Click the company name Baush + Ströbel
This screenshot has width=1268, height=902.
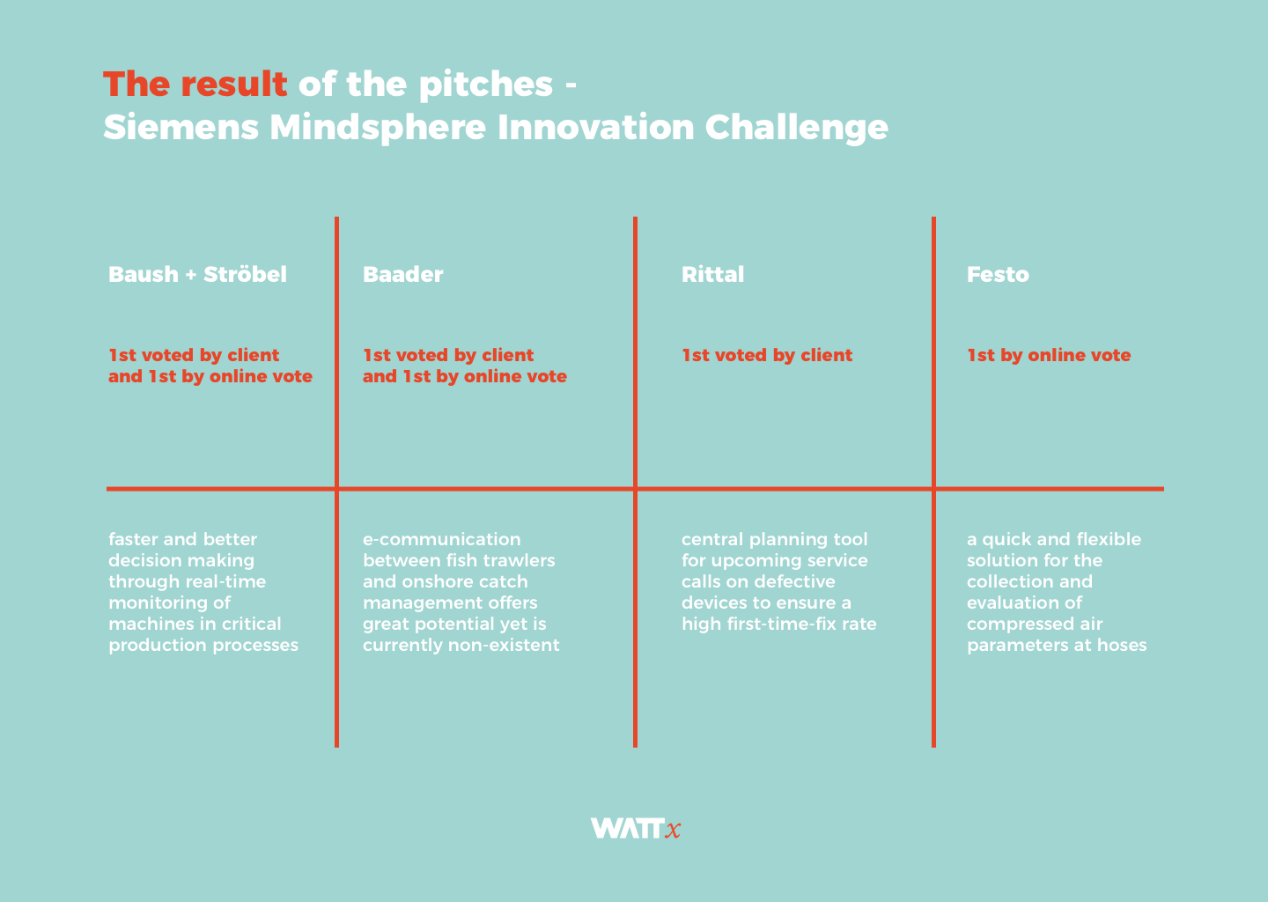(197, 275)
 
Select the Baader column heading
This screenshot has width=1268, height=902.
(402, 275)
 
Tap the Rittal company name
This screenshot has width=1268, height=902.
(712, 275)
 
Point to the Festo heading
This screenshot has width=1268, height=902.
(998, 275)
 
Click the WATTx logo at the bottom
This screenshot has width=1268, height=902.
(635, 828)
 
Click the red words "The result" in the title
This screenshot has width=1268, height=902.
(195, 85)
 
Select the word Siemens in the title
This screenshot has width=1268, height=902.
(181, 127)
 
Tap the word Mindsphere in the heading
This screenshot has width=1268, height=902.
(378, 128)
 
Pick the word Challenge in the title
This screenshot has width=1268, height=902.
(796, 128)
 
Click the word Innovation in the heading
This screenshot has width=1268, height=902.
(596, 127)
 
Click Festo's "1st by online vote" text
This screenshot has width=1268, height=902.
(1049, 356)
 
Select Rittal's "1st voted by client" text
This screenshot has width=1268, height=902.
(767, 356)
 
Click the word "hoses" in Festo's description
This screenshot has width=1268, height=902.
(1122, 645)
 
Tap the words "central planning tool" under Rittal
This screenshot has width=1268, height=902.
(774, 540)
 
